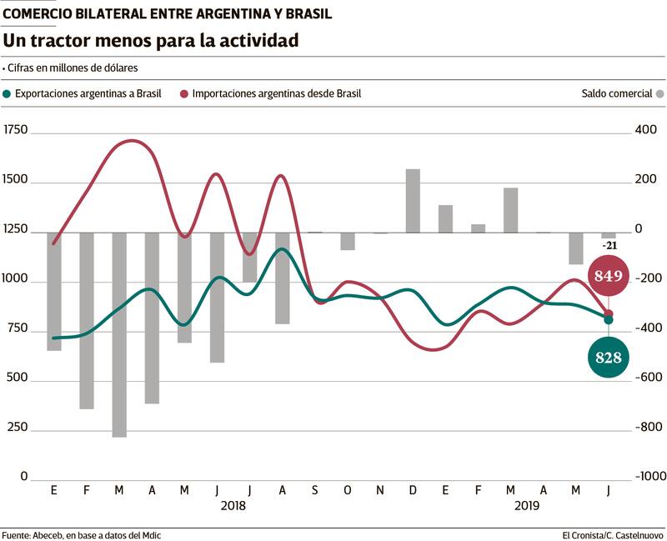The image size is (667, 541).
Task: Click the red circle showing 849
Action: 609,276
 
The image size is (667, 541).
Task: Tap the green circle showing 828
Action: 609,357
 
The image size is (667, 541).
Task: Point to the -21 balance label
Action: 609,245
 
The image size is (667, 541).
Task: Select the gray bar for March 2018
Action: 119,334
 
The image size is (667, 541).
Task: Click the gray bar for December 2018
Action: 413,201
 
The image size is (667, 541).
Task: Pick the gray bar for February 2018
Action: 87,321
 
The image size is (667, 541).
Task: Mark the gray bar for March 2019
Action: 510,210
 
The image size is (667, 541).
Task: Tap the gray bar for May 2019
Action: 576,248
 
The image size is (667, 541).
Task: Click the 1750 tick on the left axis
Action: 16,130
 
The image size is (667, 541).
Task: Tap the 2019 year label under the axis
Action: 527,505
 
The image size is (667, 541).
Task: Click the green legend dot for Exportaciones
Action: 9,93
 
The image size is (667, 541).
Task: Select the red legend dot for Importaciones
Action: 183,93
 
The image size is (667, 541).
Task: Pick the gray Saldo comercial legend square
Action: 660,93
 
